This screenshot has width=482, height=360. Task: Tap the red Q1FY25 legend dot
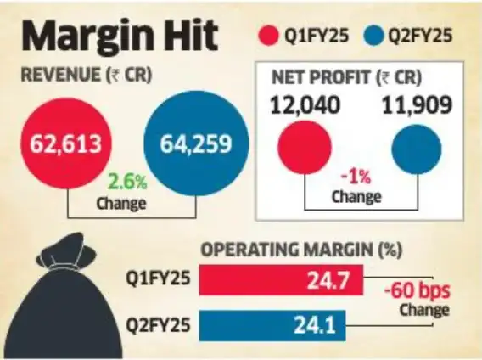270,37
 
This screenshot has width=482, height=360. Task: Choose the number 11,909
416,107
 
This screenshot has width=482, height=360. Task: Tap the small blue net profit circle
417,148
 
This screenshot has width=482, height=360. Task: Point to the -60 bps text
416,290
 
